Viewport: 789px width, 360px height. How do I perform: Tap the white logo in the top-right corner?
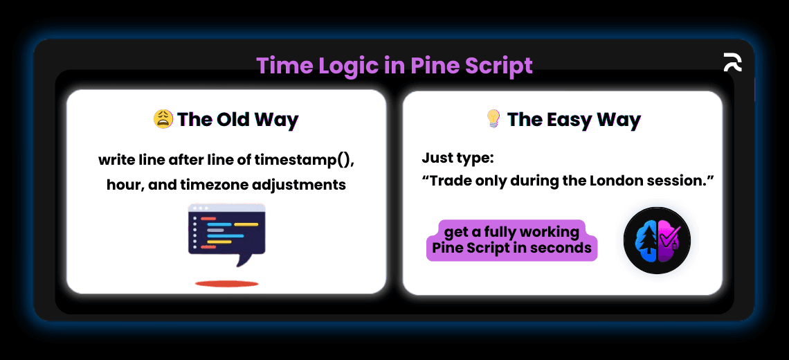click(x=732, y=62)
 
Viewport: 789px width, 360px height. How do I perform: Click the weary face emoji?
click(x=163, y=119)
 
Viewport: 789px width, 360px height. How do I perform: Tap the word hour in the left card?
click(x=122, y=185)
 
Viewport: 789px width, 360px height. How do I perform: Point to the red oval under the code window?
click(x=226, y=283)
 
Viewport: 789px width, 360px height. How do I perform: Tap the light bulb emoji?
click(x=492, y=119)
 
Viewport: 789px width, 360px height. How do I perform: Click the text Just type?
click(x=457, y=159)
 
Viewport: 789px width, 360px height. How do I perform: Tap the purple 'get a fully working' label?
click(x=511, y=231)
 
